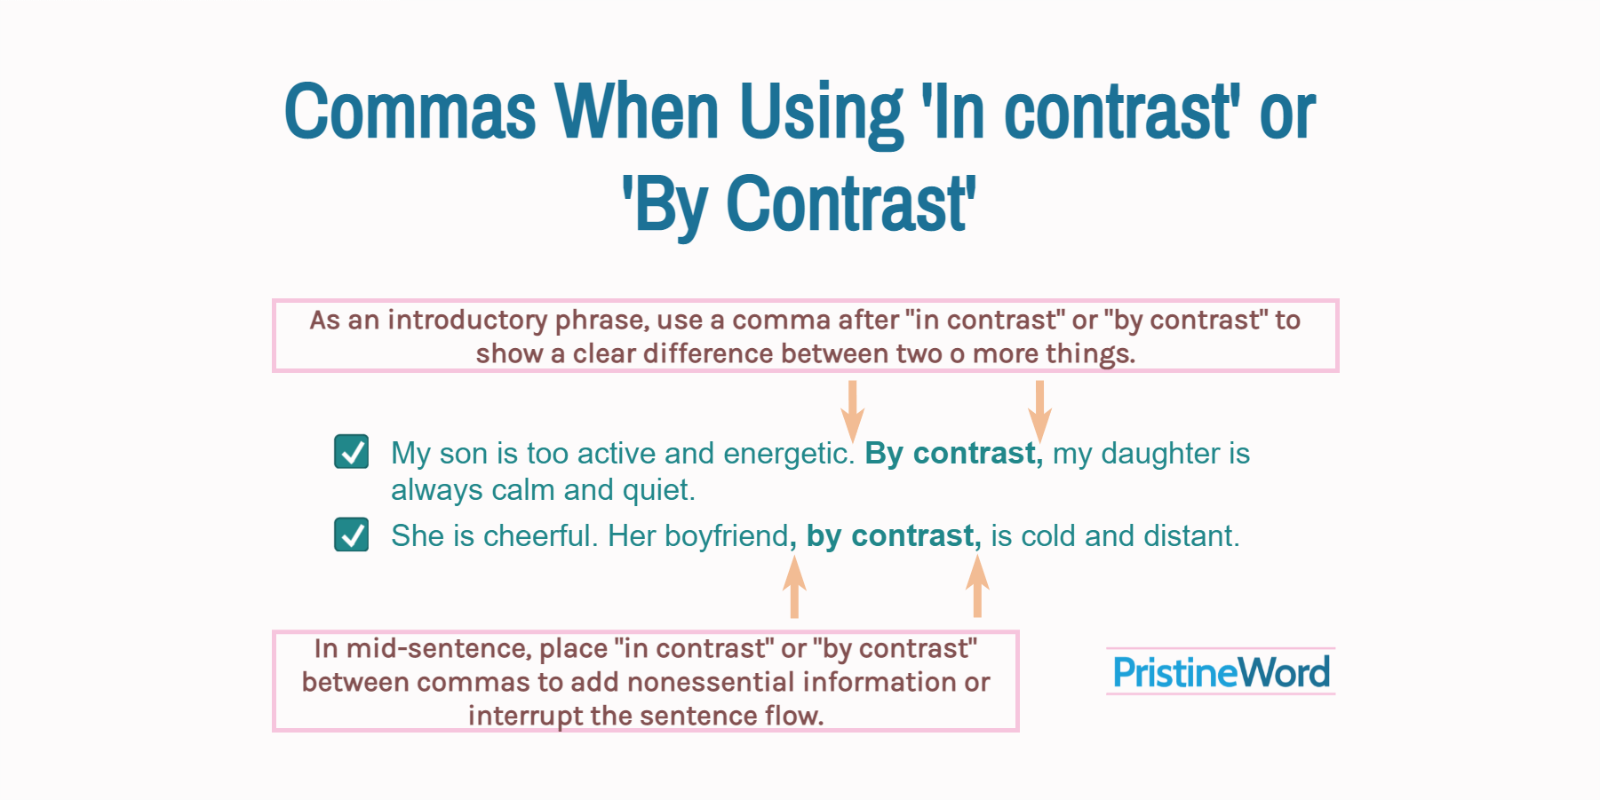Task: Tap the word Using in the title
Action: (x=822, y=114)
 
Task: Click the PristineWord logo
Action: (x=1221, y=671)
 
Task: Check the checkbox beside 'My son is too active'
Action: (x=352, y=451)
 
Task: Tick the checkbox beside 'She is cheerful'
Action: (x=352, y=535)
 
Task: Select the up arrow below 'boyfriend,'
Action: (x=794, y=587)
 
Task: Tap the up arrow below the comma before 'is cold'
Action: (x=977, y=587)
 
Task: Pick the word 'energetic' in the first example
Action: (x=786, y=454)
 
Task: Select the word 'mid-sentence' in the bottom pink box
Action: (x=439, y=649)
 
